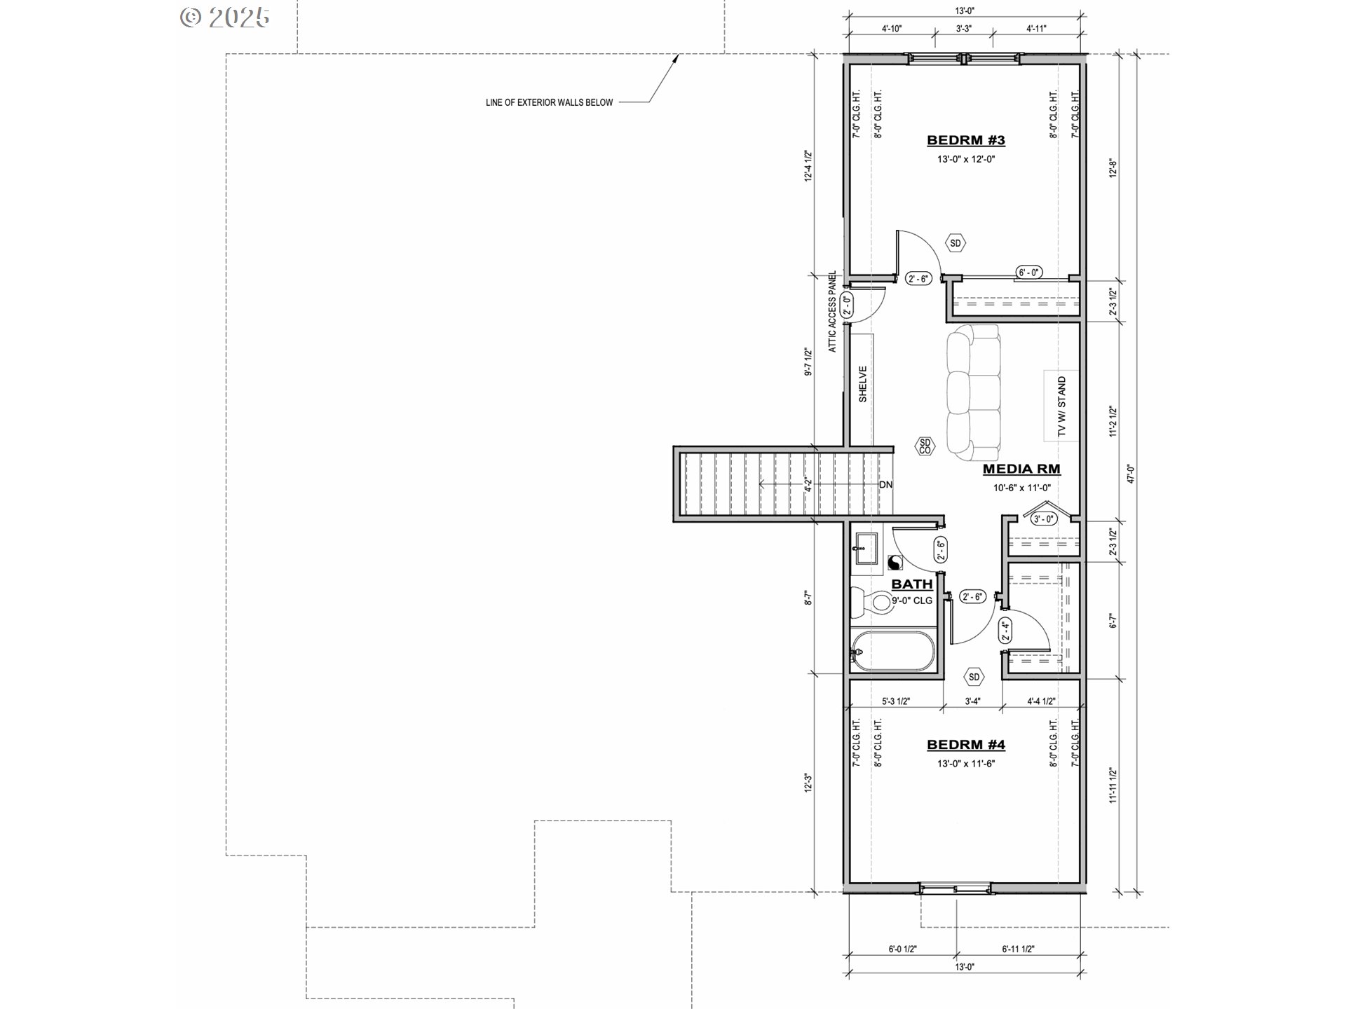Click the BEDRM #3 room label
pyautogui.click(x=965, y=140)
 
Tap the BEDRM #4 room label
pyautogui.click(x=965, y=745)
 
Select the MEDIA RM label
pyautogui.click(x=1021, y=469)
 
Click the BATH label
pyautogui.click(x=912, y=584)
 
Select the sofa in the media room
pyautogui.click(x=973, y=392)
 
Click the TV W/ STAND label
pyautogui.click(x=1061, y=406)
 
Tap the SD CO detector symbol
pyautogui.click(x=925, y=446)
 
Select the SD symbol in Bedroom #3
pyautogui.click(x=956, y=243)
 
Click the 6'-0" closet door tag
pyautogui.click(x=1029, y=273)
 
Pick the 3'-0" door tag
pyautogui.click(x=1043, y=519)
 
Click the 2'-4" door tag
pyautogui.click(x=1005, y=631)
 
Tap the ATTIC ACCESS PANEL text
pyautogui.click(x=832, y=311)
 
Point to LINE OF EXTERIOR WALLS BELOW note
pyautogui.click(x=549, y=102)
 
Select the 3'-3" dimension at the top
pyautogui.click(x=964, y=29)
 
